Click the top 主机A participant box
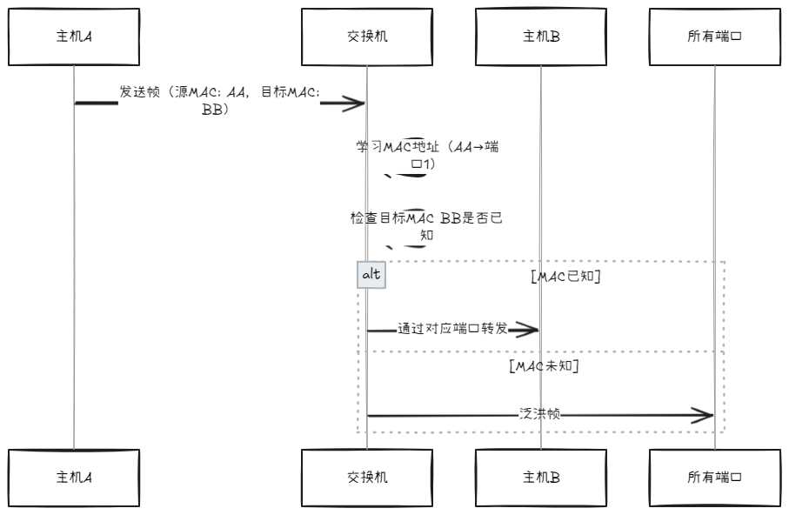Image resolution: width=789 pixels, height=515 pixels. click(74, 37)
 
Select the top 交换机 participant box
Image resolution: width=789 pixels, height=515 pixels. click(366, 37)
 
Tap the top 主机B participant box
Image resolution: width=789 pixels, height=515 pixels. click(540, 37)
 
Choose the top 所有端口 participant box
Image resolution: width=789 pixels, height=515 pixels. click(714, 37)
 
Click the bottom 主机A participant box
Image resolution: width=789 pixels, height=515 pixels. click(74, 478)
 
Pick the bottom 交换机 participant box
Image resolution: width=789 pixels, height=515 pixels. click(366, 478)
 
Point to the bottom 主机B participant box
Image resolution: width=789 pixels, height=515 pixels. click(540, 478)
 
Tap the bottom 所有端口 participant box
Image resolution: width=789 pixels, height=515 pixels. click(714, 478)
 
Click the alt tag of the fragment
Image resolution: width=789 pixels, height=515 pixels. click(371, 275)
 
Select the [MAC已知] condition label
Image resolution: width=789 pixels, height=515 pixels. click(566, 278)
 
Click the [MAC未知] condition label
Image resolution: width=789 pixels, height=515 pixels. click(544, 366)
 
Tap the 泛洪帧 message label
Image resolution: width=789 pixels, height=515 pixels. click(540, 415)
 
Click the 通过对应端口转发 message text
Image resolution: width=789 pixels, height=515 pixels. click(452, 330)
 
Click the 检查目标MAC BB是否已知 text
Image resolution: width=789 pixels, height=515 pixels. click(426, 226)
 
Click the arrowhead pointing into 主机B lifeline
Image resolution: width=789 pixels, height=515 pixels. click(529, 331)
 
